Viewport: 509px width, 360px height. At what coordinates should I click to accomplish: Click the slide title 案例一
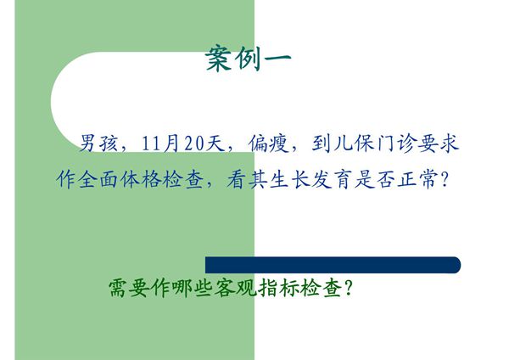(249, 59)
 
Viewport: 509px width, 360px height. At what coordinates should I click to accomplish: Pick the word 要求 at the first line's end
(439, 143)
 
